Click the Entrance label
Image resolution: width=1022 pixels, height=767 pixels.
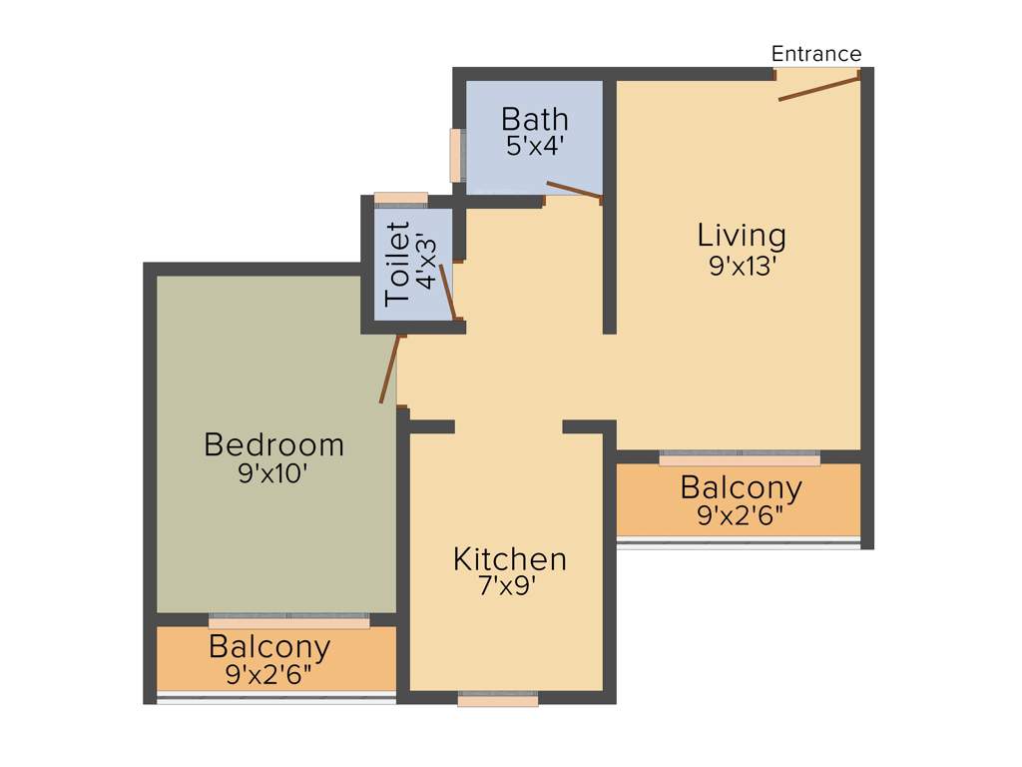pyautogui.click(x=815, y=54)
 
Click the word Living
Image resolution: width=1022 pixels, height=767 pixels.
pyautogui.click(x=742, y=236)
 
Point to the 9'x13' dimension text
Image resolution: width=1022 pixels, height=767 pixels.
pyautogui.click(x=742, y=266)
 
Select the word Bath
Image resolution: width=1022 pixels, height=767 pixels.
pyautogui.click(x=534, y=119)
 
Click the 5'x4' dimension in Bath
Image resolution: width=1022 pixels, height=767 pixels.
pyautogui.click(x=535, y=146)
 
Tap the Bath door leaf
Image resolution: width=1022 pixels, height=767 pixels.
pyautogui.click(x=574, y=190)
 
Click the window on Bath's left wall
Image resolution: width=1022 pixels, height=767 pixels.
pyautogui.click(x=456, y=156)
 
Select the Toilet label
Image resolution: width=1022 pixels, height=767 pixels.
pyautogui.click(x=397, y=264)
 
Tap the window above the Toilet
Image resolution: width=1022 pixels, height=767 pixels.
pyautogui.click(x=400, y=198)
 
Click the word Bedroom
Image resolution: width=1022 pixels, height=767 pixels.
pyautogui.click(x=273, y=444)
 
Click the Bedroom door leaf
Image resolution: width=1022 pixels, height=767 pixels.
pyautogui.click(x=389, y=369)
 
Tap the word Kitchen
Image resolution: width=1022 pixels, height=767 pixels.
pyautogui.click(x=509, y=559)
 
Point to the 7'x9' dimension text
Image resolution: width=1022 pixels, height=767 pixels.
pyautogui.click(x=509, y=587)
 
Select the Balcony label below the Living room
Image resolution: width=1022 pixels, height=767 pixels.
pyautogui.click(x=741, y=488)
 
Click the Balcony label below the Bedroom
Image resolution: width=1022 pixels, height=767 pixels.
pyautogui.click(x=269, y=647)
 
